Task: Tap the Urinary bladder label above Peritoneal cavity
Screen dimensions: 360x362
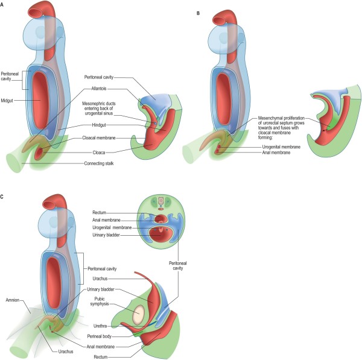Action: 107,236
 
